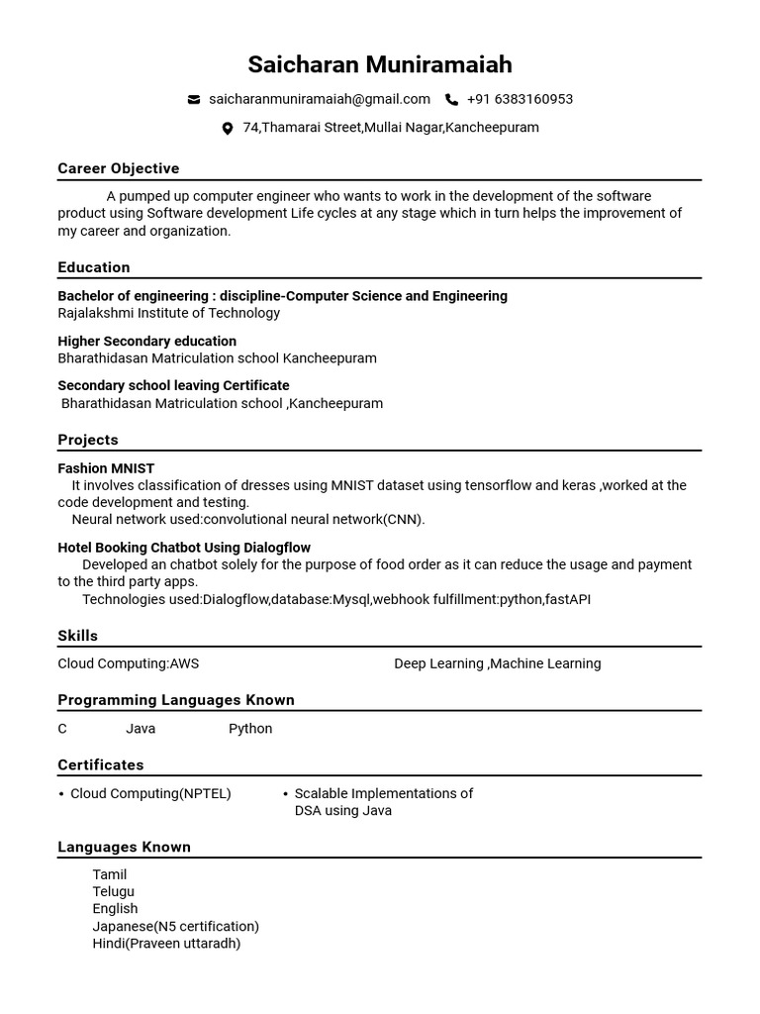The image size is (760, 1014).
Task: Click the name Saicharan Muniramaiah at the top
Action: tap(380, 65)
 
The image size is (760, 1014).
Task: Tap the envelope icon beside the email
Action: tap(194, 100)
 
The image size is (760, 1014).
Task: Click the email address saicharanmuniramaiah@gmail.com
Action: tap(320, 99)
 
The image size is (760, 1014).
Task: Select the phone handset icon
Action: tap(451, 100)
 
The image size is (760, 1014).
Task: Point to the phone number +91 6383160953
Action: tap(520, 99)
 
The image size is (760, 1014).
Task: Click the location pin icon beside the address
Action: tap(227, 129)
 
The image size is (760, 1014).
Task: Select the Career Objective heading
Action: tap(119, 168)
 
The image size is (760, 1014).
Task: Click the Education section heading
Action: tap(94, 267)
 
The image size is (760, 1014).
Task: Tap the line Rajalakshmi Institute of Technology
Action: tap(169, 313)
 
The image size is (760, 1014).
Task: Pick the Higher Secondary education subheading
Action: tap(146, 342)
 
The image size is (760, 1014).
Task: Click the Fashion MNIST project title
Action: tap(106, 468)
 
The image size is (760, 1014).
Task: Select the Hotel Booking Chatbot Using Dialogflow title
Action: tap(184, 548)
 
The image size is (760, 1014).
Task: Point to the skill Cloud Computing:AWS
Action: tap(129, 663)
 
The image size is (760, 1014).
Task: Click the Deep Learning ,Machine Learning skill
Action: tap(497, 663)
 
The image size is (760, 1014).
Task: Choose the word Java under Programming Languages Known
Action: tap(141, 729)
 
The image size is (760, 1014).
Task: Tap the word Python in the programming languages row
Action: tap(250, 729)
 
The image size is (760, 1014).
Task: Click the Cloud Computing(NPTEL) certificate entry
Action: tap(150, 794)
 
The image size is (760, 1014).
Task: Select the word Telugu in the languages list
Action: tap(114, 891)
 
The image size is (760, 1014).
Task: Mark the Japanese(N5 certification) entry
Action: tap(176, 927)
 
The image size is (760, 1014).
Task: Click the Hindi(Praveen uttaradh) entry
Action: tap(166, 944)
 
